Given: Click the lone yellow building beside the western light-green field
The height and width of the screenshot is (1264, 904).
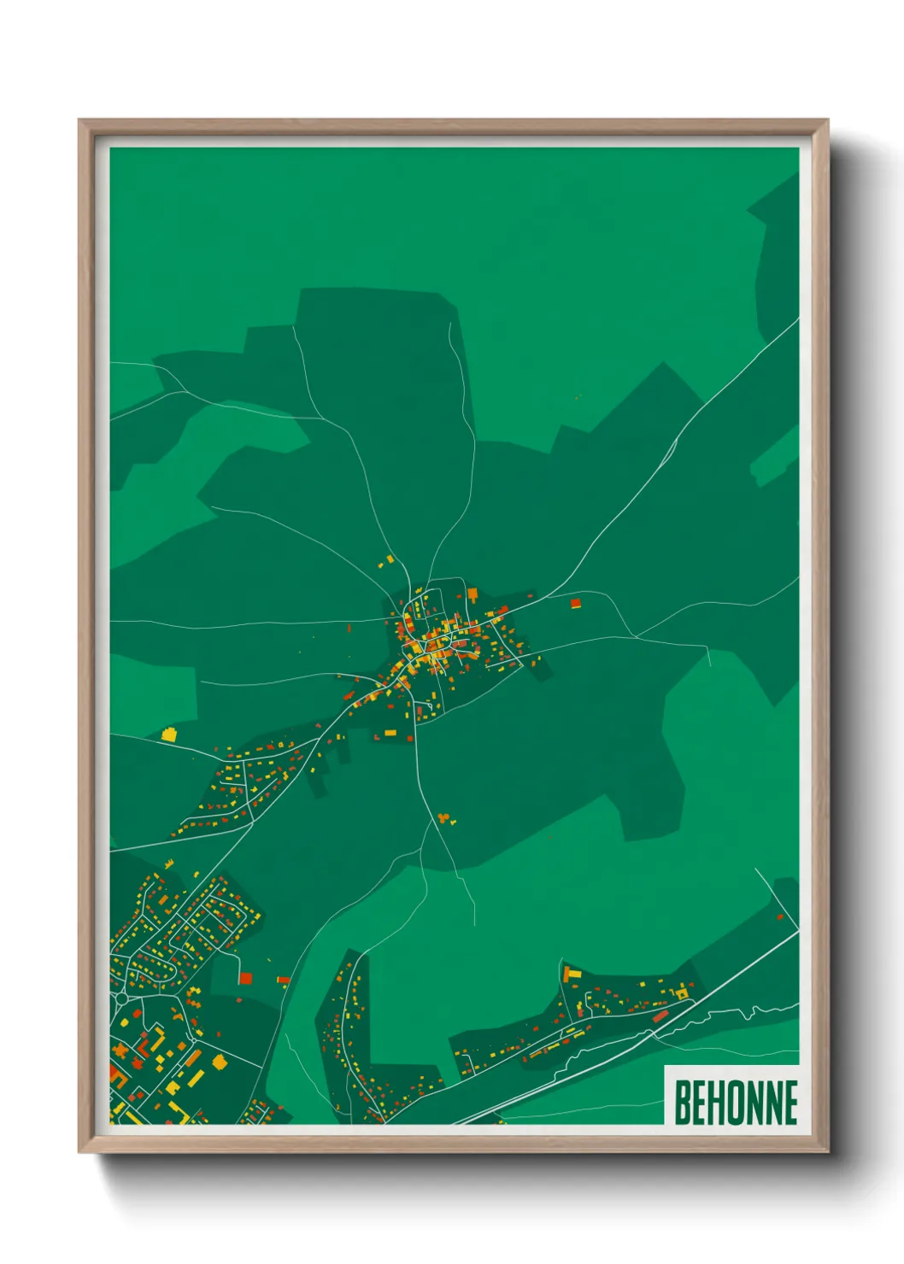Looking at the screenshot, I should point(168,734).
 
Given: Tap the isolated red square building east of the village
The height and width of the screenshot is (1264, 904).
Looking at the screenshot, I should point(575,604).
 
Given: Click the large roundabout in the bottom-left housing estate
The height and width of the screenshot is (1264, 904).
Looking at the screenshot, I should point(121,998).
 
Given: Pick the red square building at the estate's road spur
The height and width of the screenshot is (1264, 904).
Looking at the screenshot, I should point(245,978).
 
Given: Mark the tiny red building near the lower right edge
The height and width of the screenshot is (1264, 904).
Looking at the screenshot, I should point(780,917).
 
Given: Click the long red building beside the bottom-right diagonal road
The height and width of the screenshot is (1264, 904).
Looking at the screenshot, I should point(660,1016).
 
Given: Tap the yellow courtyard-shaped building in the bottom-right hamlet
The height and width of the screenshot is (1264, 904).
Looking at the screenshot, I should point(681,993).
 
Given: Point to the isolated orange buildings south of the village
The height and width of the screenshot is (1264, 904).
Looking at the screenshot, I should point(443,819).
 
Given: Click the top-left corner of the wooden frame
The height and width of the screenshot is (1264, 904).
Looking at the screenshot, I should point(79,120).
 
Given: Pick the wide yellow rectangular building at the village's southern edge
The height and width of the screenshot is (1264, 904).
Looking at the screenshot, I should point(390,733).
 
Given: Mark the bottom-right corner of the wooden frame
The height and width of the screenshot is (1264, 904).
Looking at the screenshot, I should point(827,1151).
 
